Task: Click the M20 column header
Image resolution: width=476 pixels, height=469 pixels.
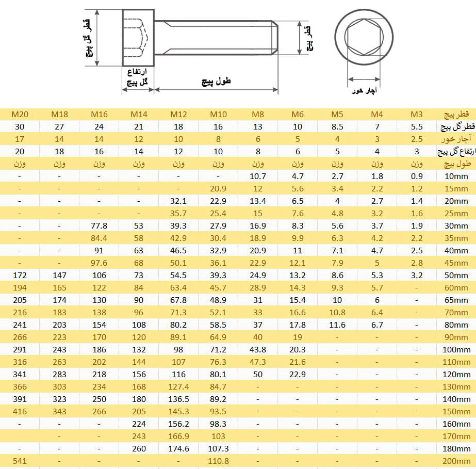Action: (x=20, y=115)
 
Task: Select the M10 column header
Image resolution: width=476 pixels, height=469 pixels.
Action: (x=218, y=115)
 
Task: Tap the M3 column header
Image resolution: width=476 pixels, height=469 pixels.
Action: (x=417, y=115)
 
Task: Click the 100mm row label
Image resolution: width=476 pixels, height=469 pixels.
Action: (x=456, y=350)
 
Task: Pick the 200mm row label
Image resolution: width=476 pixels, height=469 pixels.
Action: (x=456, y=461)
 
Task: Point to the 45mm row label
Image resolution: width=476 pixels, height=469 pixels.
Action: (x=456, y=263)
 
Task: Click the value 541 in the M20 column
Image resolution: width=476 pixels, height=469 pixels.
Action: (x=20, y=461)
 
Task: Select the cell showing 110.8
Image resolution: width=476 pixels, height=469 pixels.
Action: (x=218, y=461)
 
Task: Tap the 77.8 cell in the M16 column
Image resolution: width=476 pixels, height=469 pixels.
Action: (x=99, y=226)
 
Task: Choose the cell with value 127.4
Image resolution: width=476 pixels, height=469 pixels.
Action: (x=178, y=387)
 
